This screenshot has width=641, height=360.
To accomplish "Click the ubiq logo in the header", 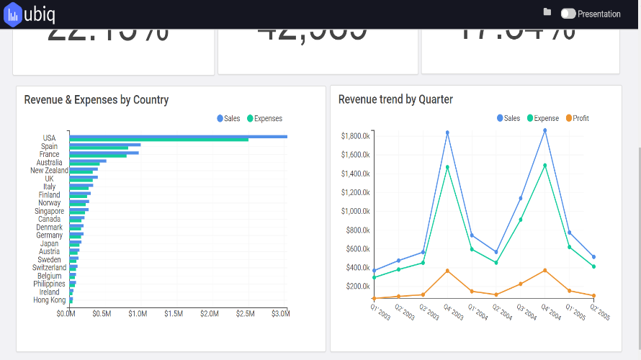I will coord(30,14).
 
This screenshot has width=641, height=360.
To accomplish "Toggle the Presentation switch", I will coord(568,14).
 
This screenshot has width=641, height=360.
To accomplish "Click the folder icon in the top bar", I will coord(547,12).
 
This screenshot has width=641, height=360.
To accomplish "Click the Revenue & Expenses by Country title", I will coord(97,100).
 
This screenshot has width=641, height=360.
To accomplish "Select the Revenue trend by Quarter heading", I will coord(395,100).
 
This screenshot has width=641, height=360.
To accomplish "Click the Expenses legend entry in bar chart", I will coord(264,119).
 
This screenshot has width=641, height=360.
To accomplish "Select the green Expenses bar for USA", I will coord(158,140).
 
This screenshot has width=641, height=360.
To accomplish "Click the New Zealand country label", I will coord(49,171).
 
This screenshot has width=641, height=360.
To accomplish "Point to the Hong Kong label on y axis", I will coord(50,300).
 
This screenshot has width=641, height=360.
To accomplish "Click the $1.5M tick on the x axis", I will coord(173,314).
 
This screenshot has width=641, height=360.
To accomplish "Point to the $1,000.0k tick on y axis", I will coord(355,211).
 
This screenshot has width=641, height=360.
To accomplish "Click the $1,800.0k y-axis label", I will coord(355,135).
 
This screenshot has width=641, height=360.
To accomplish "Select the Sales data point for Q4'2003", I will coord(447,132).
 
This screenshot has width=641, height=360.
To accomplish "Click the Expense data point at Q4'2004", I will coord(544,166).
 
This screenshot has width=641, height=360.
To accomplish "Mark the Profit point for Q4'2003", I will coord(447,271).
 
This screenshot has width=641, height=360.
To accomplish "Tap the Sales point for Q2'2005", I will coord(593,257).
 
